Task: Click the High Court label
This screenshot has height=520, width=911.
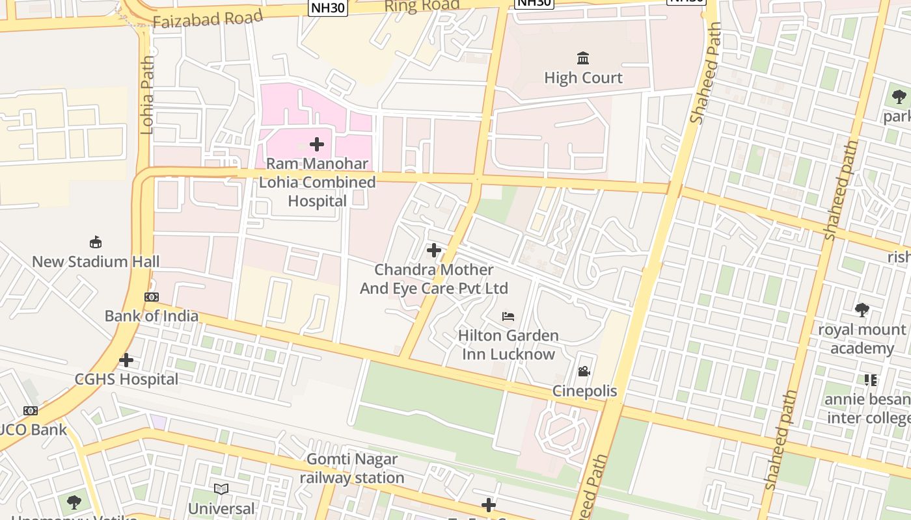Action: pyautogui.click(x=583, y=78)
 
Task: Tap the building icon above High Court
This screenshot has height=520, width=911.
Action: pyautogui.click(x=583, y=58)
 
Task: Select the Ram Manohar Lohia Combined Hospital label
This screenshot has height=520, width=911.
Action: pyautogui.click(x=317, y=183)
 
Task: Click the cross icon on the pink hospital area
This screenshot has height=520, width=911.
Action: pyautogui.click(x=317, y=144)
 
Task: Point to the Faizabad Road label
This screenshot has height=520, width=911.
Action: pyautogui.click(x=208, y=18)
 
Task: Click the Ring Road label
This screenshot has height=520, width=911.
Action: pyautogui.click(x=422, y=6)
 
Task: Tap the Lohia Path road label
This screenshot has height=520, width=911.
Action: pyautogui.click(x=147, y=94)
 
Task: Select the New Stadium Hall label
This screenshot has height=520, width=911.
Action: pyautogui.click(x=96, y=262)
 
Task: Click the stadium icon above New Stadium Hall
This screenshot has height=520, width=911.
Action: pyautogui.click(x=96, y=242)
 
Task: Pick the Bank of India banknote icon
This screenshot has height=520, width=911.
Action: pyautogui.click(x=152, y=297)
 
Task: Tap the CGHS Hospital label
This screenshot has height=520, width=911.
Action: pyautogui.click(x=126, y=380)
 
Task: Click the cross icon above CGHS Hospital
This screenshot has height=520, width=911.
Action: pyautogui.click(x=126, y=360)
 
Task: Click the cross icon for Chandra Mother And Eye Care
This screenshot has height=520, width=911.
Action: pyautogui.click(x=434, y=250)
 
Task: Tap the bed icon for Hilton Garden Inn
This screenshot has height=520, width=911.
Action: pyautogui.click(x=508, y=317)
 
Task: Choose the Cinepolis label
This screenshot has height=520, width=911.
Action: pyautogui.click(x=584, y=391)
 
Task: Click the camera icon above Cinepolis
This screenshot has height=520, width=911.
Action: pyautogui.click(x=584, y=372)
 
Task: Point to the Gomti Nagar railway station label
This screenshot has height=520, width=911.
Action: pyautogui.click(x=352, y=469)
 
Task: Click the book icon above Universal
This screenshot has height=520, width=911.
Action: pyautogui.click(x=221, y=489)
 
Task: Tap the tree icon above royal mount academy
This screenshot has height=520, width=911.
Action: pyautogui.click(x=862, y=310)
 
